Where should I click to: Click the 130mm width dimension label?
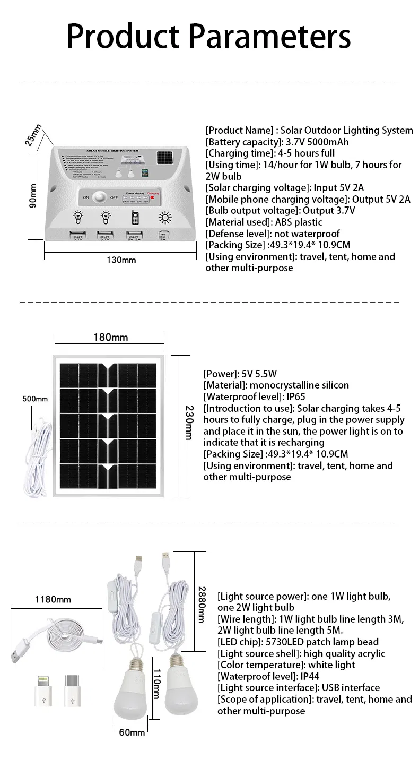click(121, 260)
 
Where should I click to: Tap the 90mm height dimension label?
click(33, 196)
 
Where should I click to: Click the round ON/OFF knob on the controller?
click(99, 197)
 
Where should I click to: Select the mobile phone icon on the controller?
click(134, 218)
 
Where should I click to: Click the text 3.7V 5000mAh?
click(318, 142)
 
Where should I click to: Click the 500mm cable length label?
click(35, 399)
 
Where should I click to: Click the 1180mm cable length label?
click(53, 599)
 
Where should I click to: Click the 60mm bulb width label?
click(132, 732)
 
